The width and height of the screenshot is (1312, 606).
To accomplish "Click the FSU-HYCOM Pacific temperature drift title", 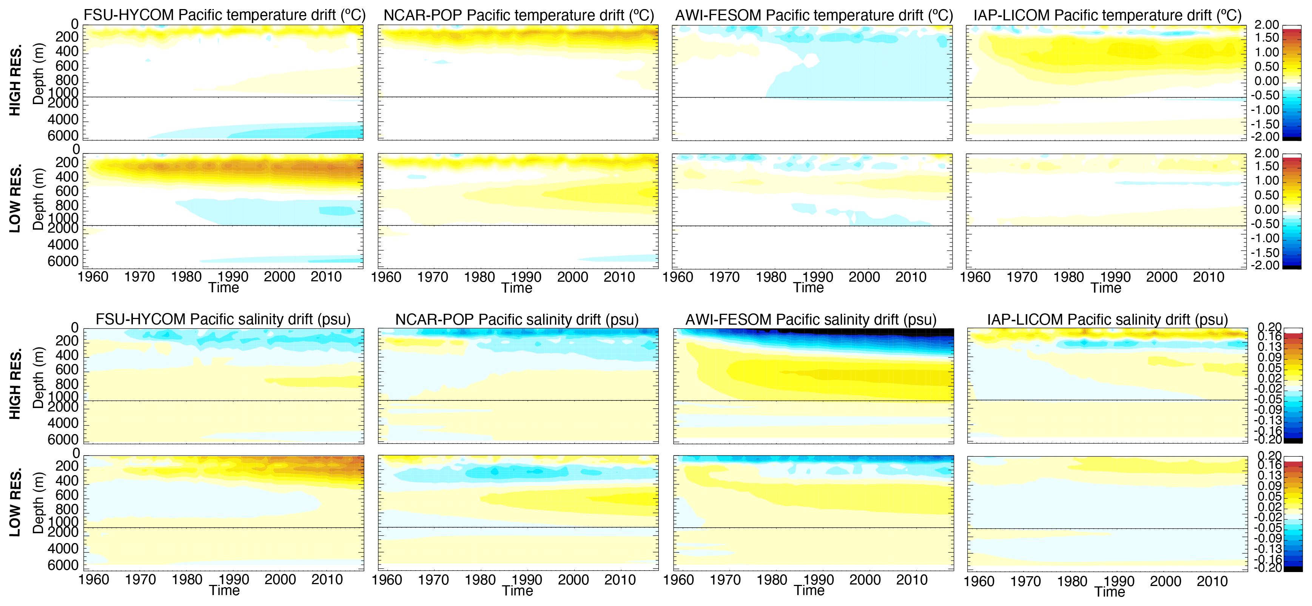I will click(224, 15).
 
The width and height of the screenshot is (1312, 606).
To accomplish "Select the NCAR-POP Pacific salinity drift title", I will click(516, 319).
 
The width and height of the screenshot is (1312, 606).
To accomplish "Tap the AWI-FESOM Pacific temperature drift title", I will click(813, 15).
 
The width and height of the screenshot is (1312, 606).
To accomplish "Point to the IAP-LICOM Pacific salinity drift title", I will click(1107, 319).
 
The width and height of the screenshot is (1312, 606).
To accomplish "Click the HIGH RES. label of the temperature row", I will click(15, 80).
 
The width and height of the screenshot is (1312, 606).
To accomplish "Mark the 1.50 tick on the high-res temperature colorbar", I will click(1266, 38).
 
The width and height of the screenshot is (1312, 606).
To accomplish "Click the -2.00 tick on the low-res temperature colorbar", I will click(1266, 265).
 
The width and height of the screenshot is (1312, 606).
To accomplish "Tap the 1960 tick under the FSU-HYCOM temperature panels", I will click(93, 277).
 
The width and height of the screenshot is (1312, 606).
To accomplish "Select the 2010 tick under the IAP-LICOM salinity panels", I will click(1212, 581).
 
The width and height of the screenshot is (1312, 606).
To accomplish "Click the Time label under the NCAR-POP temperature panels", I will click(516, 288).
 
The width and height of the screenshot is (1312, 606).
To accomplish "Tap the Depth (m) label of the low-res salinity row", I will click(38, 503).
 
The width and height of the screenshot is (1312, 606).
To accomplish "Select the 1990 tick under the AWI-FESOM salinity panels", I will click(818, 580).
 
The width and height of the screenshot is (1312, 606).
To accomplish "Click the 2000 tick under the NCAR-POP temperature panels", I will click(572, 277).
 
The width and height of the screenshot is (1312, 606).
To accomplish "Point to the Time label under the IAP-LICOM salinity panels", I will click(1109, 592).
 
